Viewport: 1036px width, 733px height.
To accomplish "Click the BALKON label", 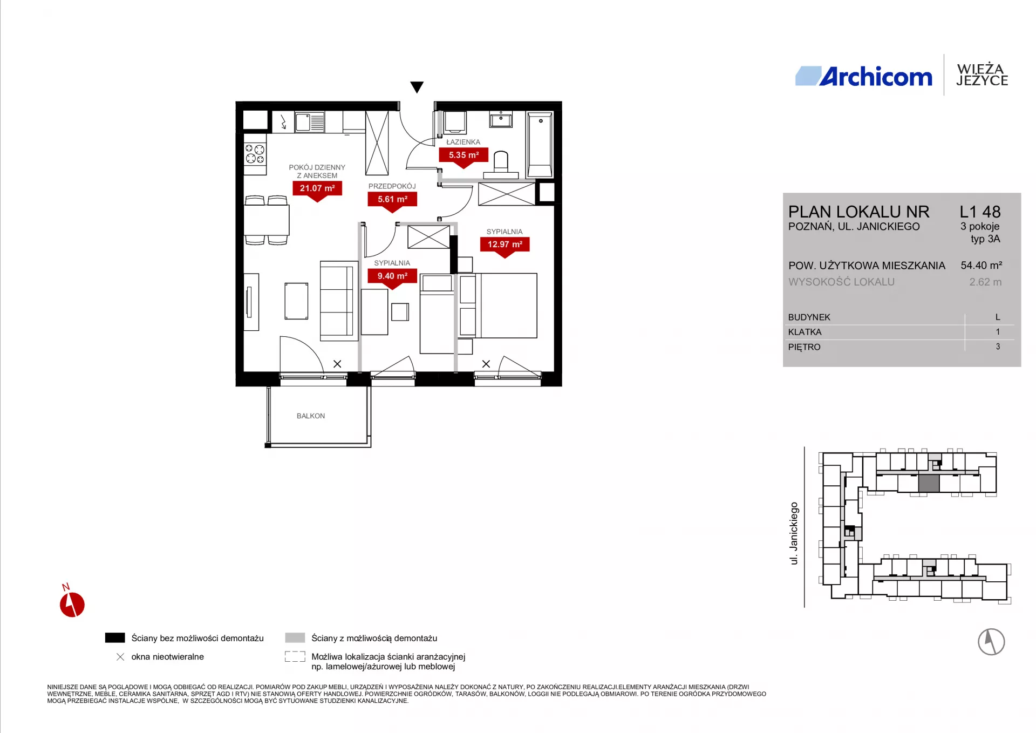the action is (311, 416).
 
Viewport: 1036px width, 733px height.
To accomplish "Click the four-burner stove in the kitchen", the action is (255, 154).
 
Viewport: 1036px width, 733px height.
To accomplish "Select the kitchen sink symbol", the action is (310, 122).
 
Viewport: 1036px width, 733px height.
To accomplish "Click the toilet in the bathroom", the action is (501, 165).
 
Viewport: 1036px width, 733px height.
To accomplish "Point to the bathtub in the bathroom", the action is (540, 145).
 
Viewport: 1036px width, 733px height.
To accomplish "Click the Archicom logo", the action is (863, 77).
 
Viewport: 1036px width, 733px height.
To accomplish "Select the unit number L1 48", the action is (980, 212).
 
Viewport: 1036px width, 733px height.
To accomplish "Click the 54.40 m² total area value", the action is (982, 266).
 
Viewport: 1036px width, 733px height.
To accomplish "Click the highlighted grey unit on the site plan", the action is (929, 484).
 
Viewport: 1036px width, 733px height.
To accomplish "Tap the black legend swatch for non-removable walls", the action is (115, 638).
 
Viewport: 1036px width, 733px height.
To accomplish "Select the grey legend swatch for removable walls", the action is (295, 638).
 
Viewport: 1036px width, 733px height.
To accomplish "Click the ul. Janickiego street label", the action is (794, 534).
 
